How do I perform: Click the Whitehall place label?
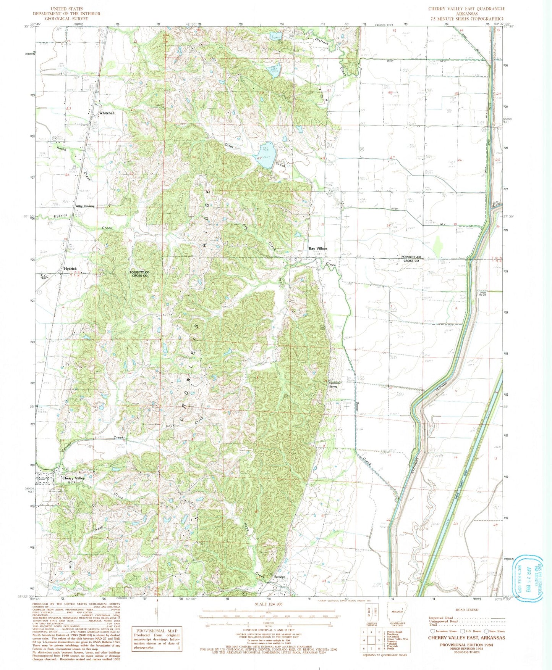pyautogui.click(x=107, y=113)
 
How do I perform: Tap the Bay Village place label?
pyautogui.click(x=318, y=248)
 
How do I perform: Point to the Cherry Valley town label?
pyautogui.click(x=74, y=478)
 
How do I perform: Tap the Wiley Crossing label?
pyautogui.click(x=85, y=206)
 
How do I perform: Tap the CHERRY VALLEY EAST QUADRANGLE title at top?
pyautogui.click(x=466, y=8)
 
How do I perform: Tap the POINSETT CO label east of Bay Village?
pyautogui.click(x=410, y=256)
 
